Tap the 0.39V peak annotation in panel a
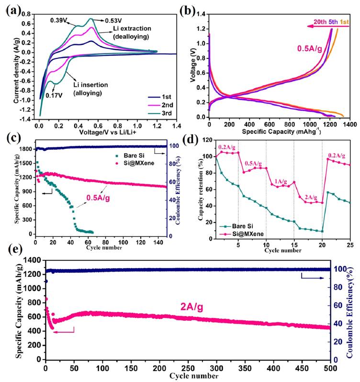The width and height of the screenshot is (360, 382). click(59, 21)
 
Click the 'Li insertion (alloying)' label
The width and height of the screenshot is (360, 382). click(90, 89)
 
